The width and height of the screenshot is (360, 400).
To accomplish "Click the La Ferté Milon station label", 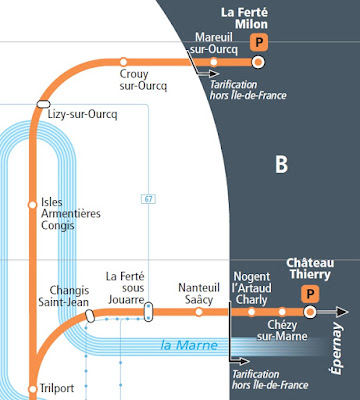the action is click(x=244, y=18).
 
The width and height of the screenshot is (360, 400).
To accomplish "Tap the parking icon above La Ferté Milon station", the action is click(x=259, y=42).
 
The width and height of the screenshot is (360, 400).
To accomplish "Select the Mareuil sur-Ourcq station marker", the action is click(x=214, y=62).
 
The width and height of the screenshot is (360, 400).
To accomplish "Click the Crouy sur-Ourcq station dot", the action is click(x=123, y=62).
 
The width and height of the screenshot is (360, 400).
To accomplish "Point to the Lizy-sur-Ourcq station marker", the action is click(x=43, y=104).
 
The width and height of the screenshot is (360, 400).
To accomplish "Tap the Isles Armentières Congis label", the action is click(x=71, y=214).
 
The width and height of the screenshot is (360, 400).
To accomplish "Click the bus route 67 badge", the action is click(x=148, y=199).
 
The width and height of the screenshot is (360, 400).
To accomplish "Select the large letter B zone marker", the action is click(x=281, y=164).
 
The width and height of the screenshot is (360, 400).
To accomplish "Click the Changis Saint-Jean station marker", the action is click(x=90, y=316).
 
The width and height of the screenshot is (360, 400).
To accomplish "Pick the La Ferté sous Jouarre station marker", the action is click(x=149, y=312).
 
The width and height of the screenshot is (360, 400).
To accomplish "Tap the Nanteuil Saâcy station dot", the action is click(x=199, y=312).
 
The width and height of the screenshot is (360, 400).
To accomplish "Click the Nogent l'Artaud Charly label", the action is click(x=252, y=288).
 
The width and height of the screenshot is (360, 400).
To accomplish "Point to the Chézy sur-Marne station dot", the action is click(x=282, y=312).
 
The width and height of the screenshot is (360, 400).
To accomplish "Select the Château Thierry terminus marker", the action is click(x=310, y=312).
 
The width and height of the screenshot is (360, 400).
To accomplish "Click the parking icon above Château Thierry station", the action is click(x=310, y=294).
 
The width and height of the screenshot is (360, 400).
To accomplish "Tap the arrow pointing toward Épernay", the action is click(x=333, y=312).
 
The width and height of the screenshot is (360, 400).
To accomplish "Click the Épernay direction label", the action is click(x=336, y=348).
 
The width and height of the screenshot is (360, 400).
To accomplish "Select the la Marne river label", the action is click(x=189, y=345).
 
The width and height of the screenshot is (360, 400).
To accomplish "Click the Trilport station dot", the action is click(x=32, y=389).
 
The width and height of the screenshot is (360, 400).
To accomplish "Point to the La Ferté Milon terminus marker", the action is click(x=258, y=62).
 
